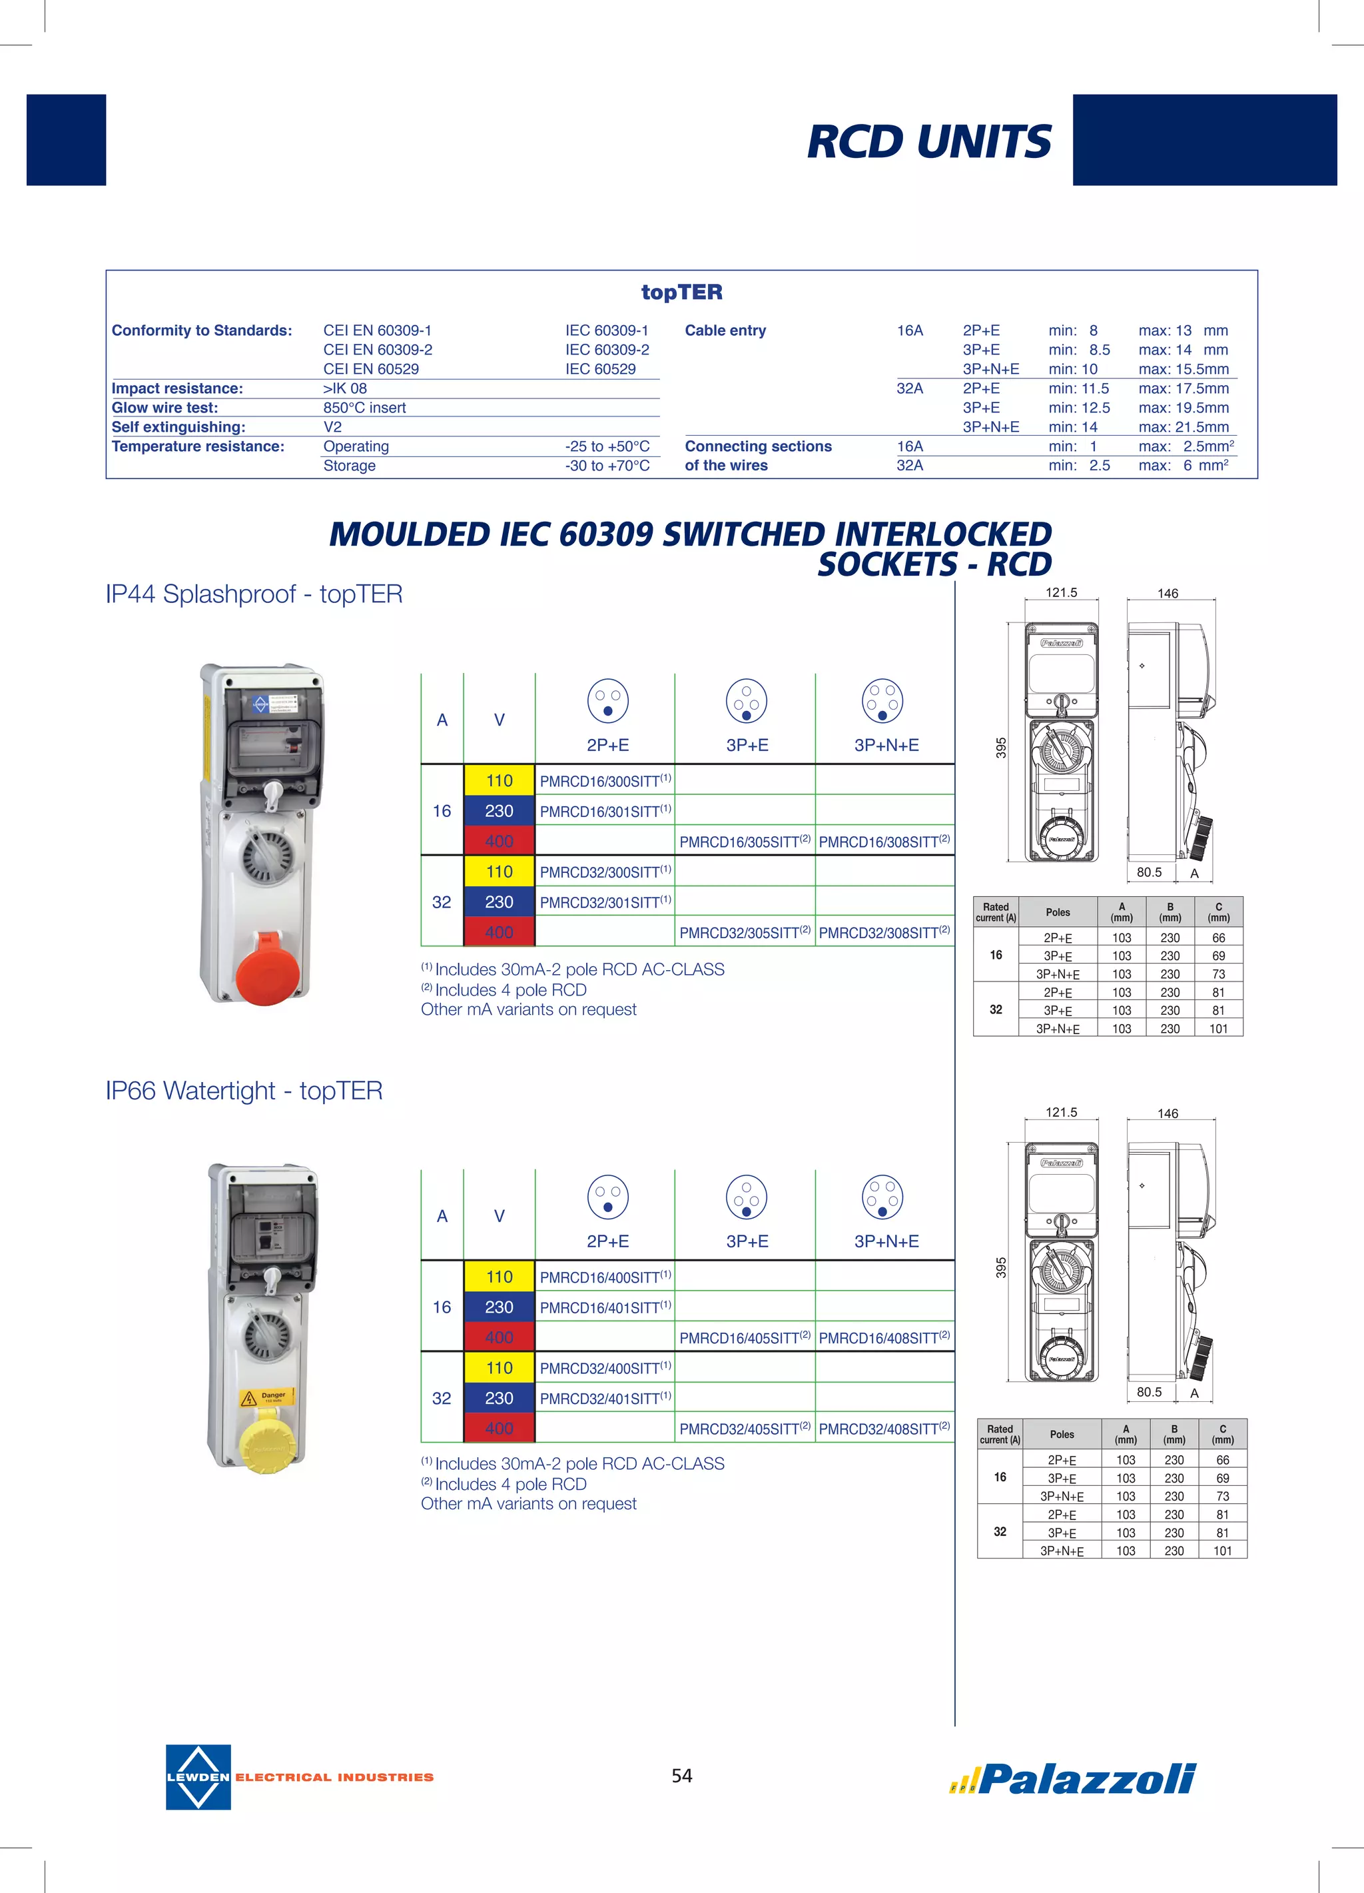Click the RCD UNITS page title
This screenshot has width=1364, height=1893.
pos(928,141)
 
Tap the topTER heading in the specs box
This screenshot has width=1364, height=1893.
pos(681,292)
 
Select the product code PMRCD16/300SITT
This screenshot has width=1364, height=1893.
pos(601,781)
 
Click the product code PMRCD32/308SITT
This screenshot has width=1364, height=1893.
pos(879,933)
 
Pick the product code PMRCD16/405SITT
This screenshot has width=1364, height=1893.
pos(740,1339)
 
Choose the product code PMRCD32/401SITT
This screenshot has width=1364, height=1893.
pos(601,1399)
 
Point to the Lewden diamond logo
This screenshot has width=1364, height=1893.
pos(198,1777)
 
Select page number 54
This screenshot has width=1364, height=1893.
pos(681,1775)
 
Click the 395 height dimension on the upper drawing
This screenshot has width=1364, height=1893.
pos(1001,748)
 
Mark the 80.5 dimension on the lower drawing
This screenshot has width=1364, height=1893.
pos(1149,1392)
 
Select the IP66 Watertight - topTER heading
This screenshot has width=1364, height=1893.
pos(244,1091)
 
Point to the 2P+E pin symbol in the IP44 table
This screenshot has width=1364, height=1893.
pos(607,701)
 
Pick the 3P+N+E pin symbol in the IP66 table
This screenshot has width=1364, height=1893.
pos(882,1197)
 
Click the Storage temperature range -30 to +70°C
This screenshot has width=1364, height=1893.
pos(607,466)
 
